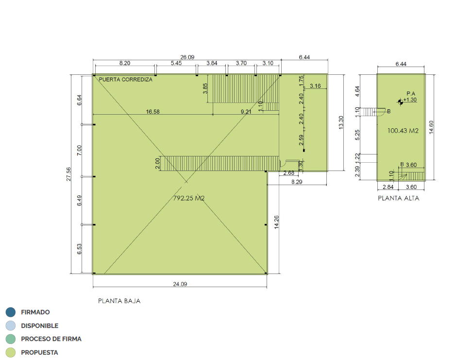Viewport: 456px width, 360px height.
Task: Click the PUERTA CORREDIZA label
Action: coord(125,80)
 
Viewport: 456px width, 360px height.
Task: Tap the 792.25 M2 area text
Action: coord(189,198)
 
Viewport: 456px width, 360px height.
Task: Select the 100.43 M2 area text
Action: coord(403,131)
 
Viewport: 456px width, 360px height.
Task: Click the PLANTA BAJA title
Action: coord(119,301)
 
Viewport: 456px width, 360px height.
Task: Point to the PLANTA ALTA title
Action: coord(398,198)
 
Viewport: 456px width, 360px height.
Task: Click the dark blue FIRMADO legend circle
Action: coord(11,312)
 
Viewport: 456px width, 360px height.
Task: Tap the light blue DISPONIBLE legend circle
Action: coord(11,326)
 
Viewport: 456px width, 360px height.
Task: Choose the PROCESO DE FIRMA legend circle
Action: coord(11,339)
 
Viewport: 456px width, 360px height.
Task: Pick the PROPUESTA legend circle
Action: coord(11,352)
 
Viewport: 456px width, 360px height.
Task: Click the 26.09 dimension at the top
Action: coord(187,57)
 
